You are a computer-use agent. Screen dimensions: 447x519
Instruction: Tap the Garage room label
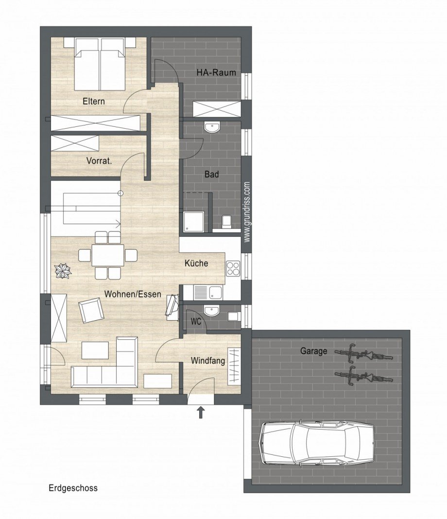(314, 350)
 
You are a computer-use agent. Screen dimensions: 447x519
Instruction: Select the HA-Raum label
(216, 72)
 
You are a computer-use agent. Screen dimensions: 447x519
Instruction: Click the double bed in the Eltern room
(100, 64)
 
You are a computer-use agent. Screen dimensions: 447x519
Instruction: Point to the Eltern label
(94, 101)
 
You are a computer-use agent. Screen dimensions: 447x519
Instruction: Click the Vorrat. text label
(99, 161)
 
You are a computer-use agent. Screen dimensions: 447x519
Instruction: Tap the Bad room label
(212, 174)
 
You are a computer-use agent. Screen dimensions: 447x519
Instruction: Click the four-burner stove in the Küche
(233, 268)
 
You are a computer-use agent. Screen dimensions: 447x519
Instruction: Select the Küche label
(196, 263)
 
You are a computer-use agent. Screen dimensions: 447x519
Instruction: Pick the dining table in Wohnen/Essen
(108, 255)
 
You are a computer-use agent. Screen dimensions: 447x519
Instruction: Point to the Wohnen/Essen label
(133, 294)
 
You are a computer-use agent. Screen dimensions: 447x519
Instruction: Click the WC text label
(196, 322)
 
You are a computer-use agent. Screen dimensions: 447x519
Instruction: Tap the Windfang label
(208, 361)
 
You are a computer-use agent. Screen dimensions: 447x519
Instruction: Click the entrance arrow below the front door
(201, 413)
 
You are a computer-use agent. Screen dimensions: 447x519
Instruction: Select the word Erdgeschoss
(73, 488)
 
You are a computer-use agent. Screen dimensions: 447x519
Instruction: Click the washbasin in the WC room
(211, 311)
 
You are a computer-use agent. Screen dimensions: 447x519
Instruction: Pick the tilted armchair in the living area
(91, 310)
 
